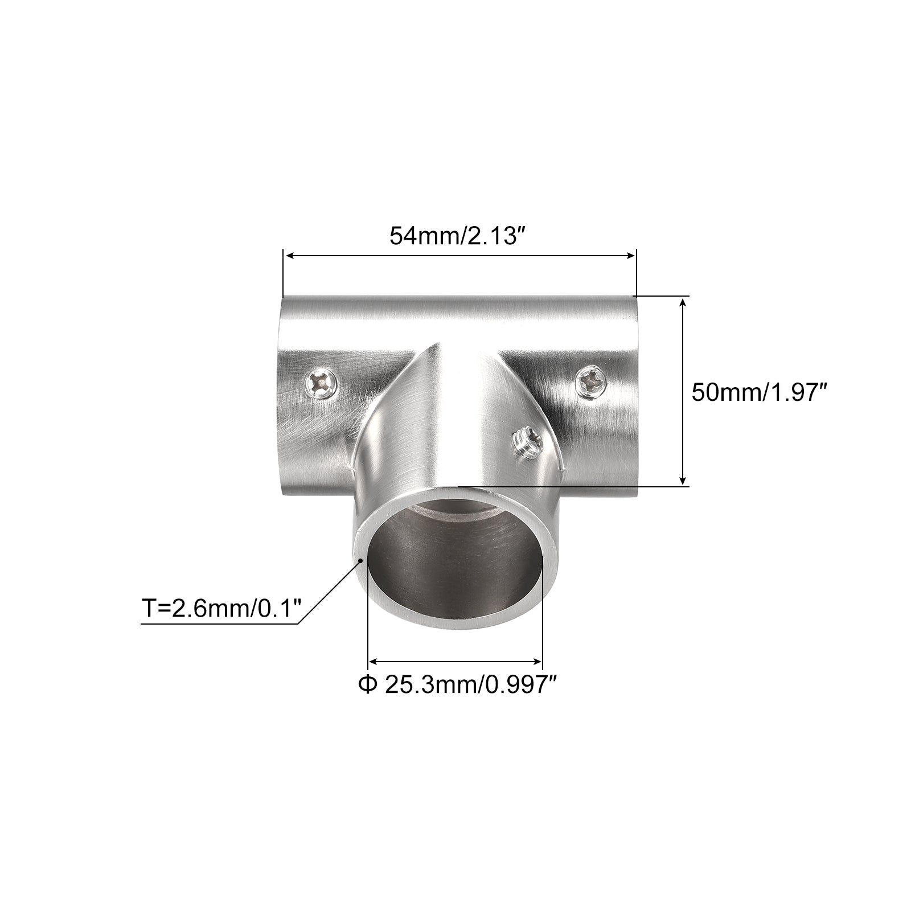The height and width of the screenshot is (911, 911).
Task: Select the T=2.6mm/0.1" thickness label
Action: [x=221, y=609]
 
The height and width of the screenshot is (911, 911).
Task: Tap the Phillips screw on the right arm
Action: [x=591, y=380]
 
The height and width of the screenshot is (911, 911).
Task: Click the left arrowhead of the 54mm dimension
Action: [x=289, y=256]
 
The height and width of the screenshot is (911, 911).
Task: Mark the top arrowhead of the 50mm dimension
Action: [x=684, y=302]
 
